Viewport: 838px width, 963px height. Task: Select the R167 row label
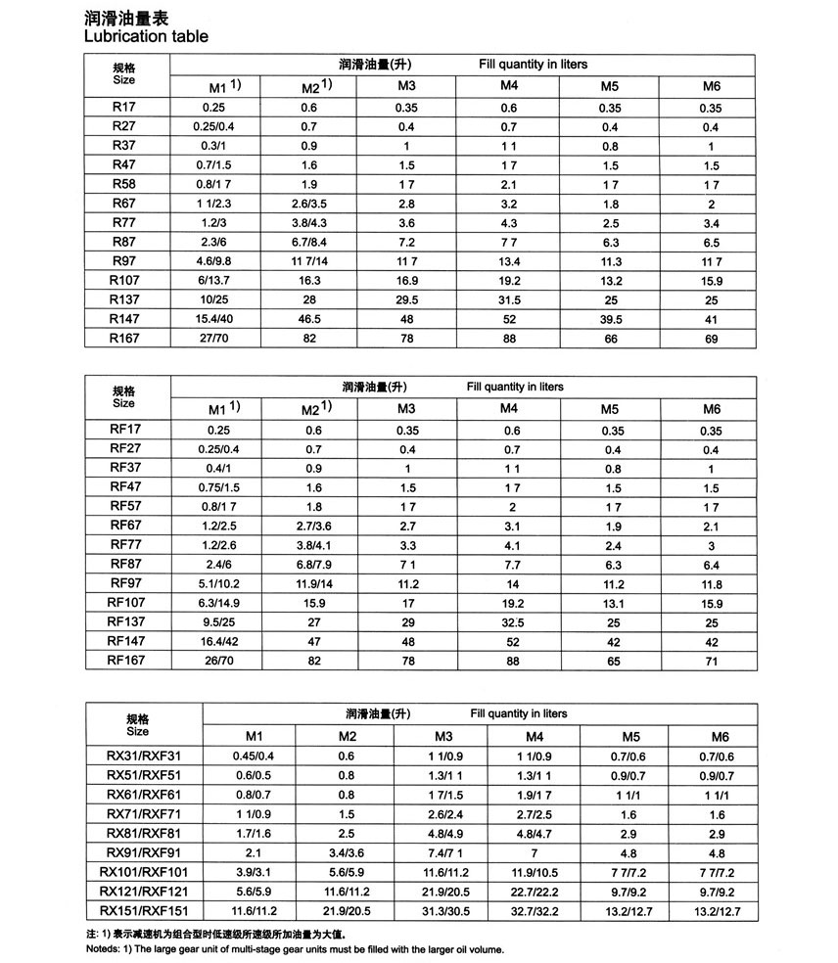124,339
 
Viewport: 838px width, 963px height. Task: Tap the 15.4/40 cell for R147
220,319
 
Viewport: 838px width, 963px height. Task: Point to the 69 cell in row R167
711,339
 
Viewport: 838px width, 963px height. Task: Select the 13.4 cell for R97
509,261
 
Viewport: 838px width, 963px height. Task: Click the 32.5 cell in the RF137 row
509,622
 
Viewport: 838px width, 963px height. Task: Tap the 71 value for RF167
711,662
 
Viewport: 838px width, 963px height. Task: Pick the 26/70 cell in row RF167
220,662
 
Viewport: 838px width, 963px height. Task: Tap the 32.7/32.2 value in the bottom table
535,911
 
